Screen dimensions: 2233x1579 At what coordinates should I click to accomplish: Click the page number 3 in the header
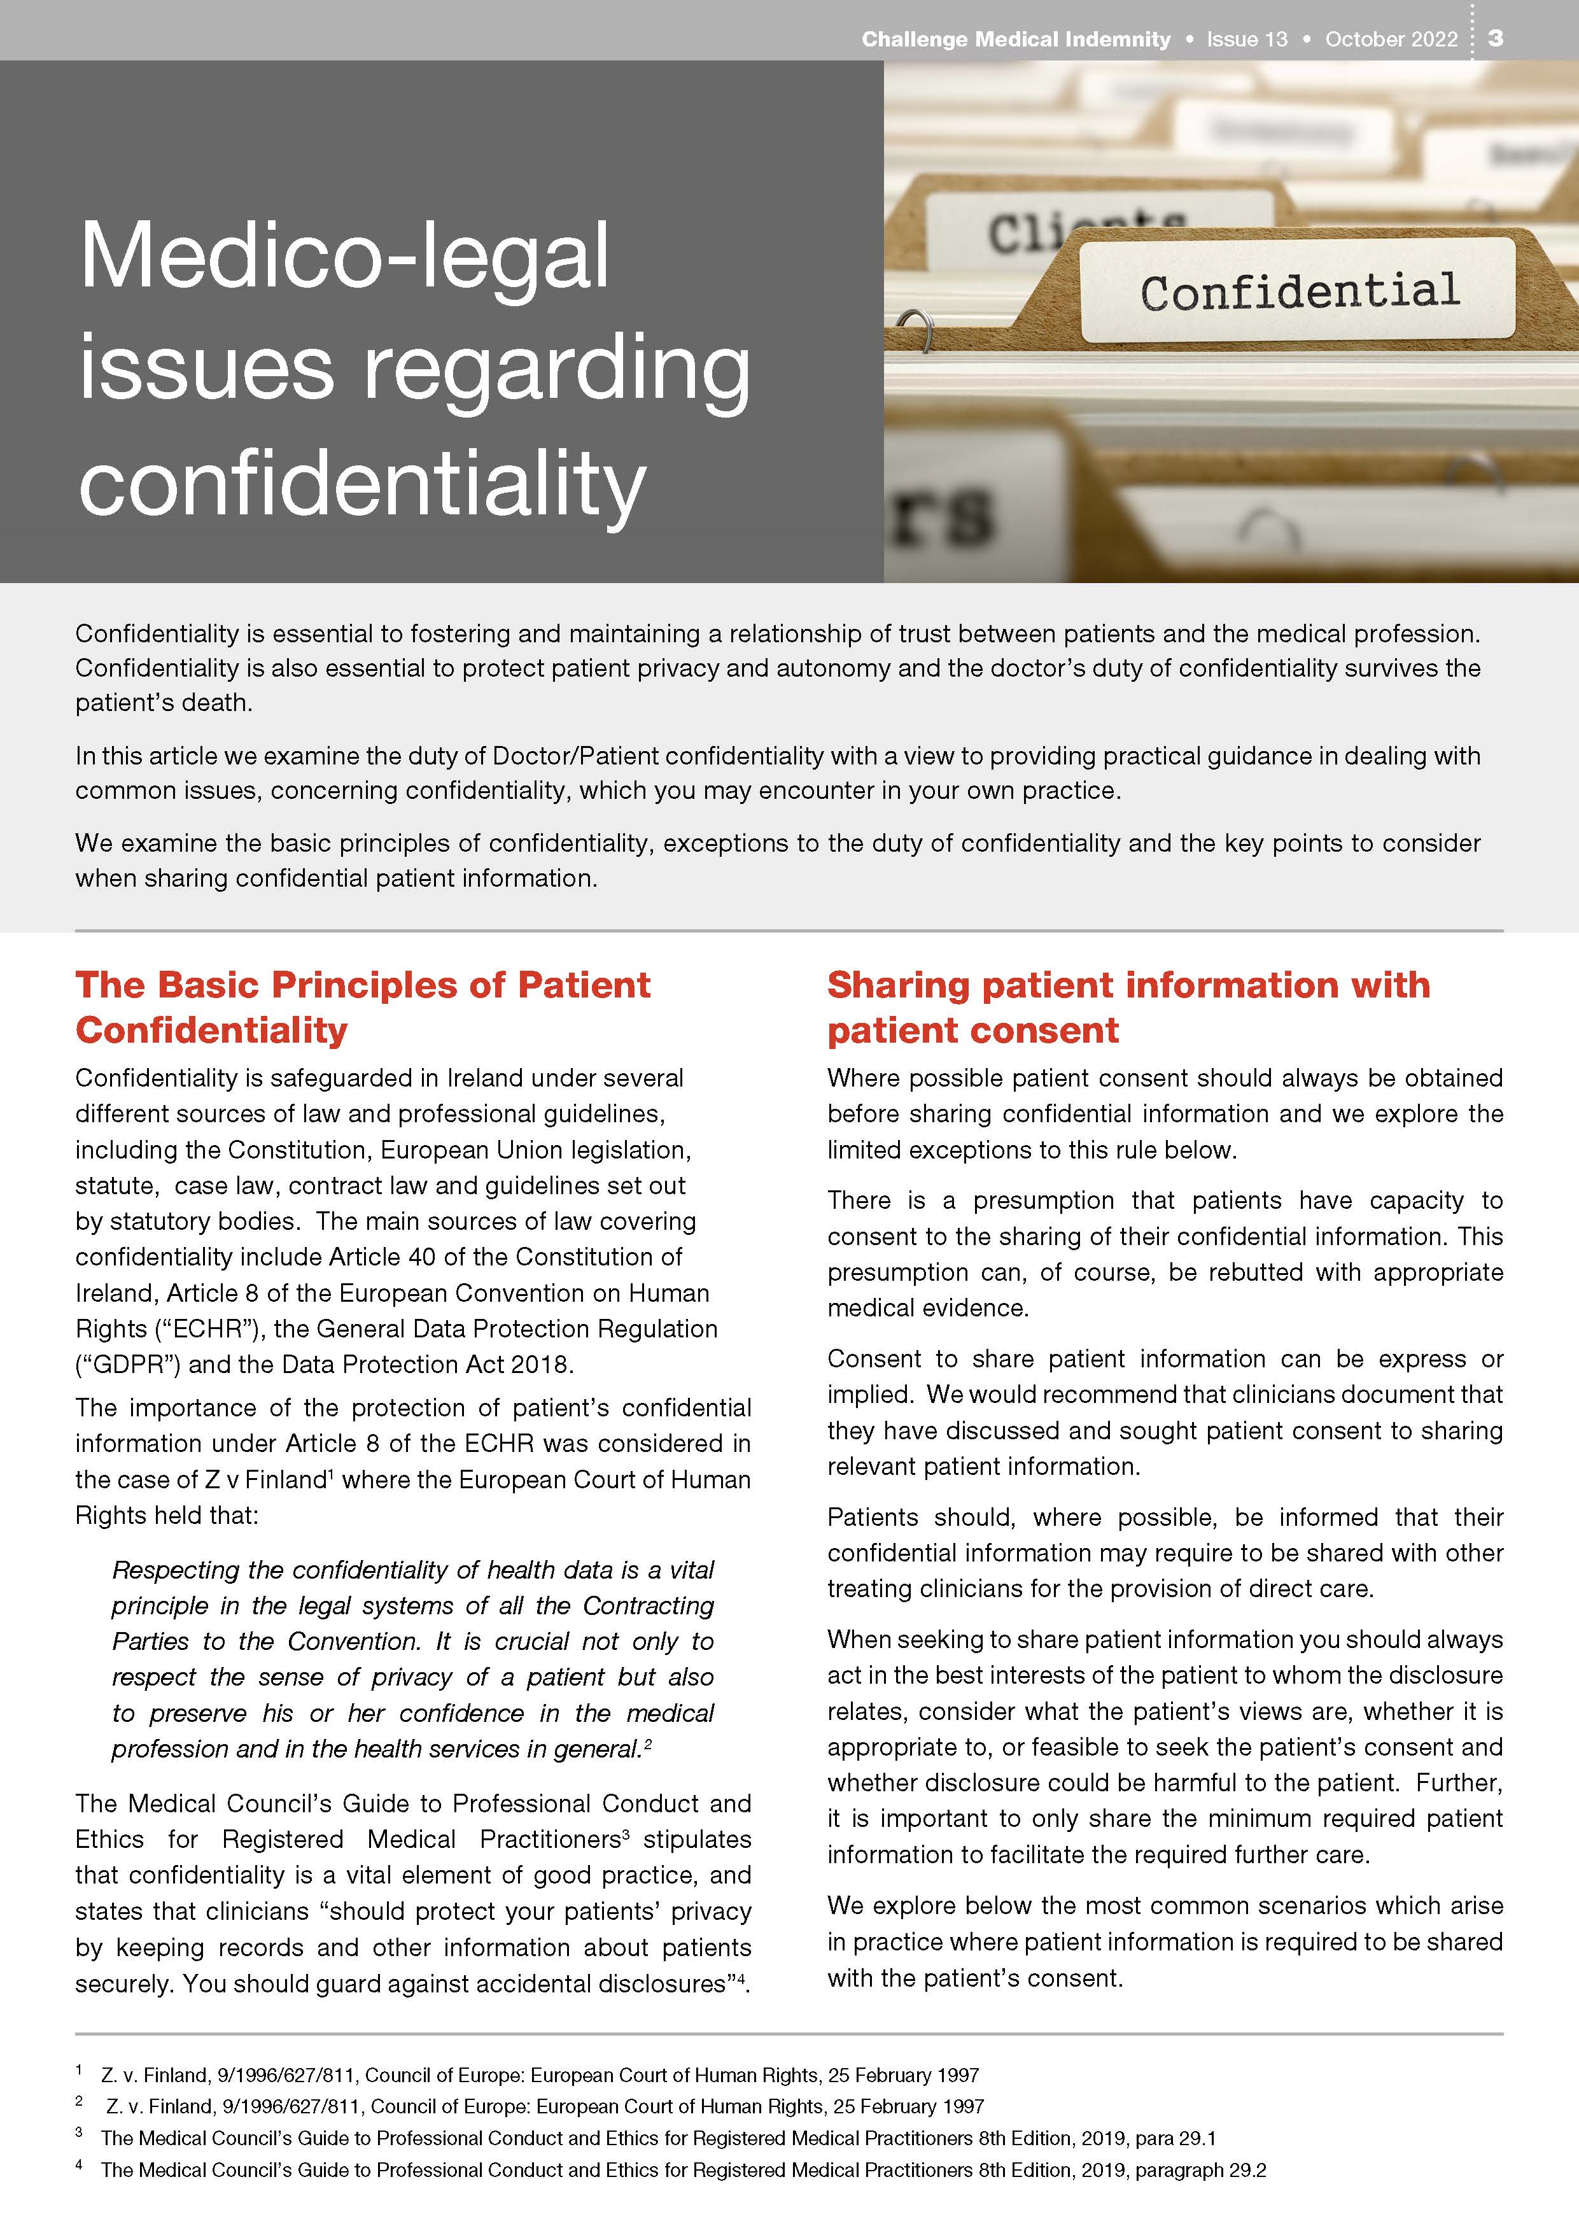[1496, 38]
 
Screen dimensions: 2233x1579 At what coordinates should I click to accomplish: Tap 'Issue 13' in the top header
[1247, 39]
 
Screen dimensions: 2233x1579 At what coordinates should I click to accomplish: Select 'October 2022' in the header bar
[1391, 39]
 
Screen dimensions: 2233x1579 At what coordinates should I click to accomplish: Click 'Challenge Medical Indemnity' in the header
[1015, 39]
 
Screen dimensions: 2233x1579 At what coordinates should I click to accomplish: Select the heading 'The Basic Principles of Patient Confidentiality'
[363, 1006]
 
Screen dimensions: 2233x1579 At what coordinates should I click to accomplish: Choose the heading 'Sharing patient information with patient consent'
[1128, 1006]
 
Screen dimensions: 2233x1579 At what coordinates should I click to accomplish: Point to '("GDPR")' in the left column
[129, 1365]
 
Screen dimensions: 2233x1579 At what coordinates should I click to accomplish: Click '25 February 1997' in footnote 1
[903, 2075]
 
